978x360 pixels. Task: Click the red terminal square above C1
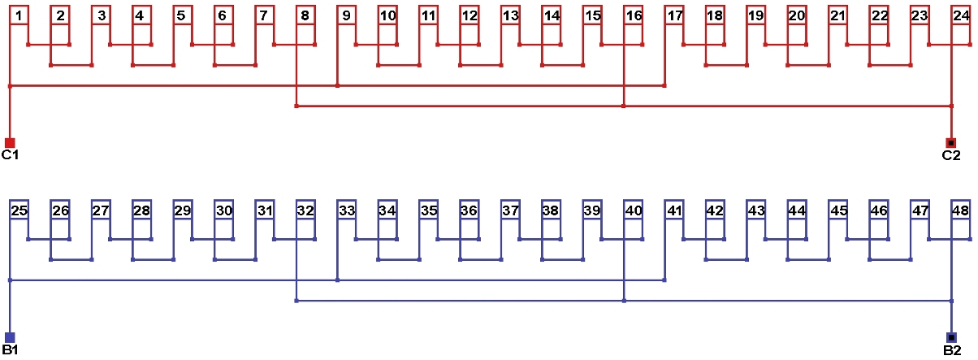point(10,143)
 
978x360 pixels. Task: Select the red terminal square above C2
point(951,143)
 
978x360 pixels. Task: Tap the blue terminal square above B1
point(10,337)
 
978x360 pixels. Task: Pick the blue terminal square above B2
point(951,337)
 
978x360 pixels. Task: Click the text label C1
point(10,155)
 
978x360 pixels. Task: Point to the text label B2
point(951,350)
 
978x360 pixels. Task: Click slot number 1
point(19,16)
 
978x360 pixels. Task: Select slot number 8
point(305,16)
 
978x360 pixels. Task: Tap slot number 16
point(633,16)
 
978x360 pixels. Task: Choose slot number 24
point(960,16)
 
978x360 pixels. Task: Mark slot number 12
point(469,16)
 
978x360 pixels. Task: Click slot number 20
point(796,16)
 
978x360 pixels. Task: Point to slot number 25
point(19,211)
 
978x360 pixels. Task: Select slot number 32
point(305,211)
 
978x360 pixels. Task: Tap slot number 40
point(633,211)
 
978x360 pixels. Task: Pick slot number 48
point(960,211)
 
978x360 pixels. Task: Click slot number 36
point(469,211)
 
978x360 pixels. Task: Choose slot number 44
point(796,211)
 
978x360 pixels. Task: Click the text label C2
point(951,155)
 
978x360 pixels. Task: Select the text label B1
point(10,350)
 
